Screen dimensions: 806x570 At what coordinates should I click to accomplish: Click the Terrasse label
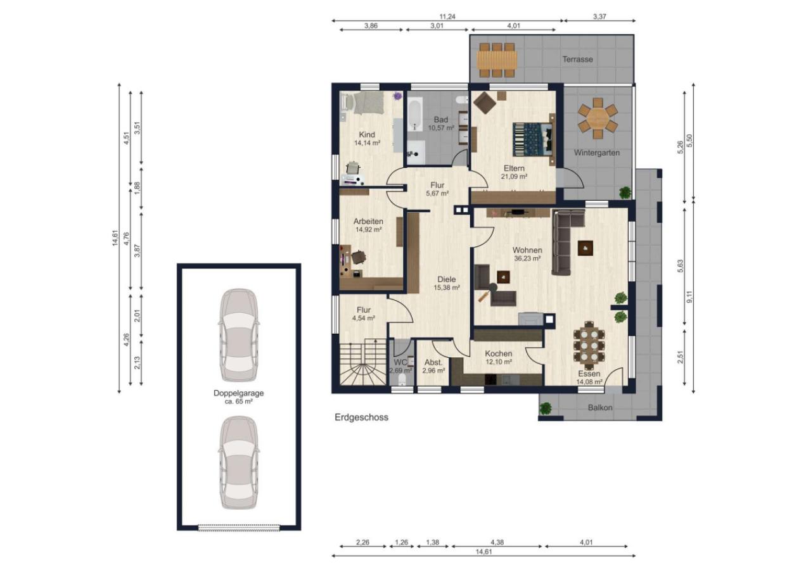pyautogui.click(x=577, y=60)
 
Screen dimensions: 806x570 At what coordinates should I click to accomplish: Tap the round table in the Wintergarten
pyautogui.click(x=598, y=118)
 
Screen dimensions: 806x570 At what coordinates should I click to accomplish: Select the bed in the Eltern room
pyautogui.click(x=534, y=139)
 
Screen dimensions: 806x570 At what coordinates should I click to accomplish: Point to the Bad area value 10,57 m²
pyautogui.click(x=441, y=128)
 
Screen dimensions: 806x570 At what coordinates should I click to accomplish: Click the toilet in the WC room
pyautogui.click(x=402, y=379)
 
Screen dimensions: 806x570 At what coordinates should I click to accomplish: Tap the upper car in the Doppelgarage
pyautogui.click(x=239, y=335)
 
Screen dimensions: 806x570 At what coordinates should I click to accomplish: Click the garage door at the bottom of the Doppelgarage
pyautogui.click(x=239, y=528)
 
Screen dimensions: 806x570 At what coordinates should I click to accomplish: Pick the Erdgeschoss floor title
pyautogui.click(x=361, y=417)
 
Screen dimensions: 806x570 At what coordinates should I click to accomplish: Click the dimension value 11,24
pyautogui.click(x=447, y=16)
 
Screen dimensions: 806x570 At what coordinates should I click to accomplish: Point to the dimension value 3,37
pyautogui.click(x=599, y=16)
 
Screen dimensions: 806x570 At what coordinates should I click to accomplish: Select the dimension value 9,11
pyautogui.click(x=689, y=296)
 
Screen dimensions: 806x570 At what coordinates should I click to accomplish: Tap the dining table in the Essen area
pyautogui.click(x=589, y=345)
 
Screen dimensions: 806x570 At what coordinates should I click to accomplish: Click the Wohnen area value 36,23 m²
pyautogui.click(x=527, y=258)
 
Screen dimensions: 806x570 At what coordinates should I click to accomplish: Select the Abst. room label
pyautogui.click(x=433, y=362)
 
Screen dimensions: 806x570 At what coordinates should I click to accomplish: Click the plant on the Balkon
pyautogui.click(x=546, y=408)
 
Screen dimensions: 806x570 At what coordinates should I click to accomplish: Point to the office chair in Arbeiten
pyautogui.click(x=107, y=257)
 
